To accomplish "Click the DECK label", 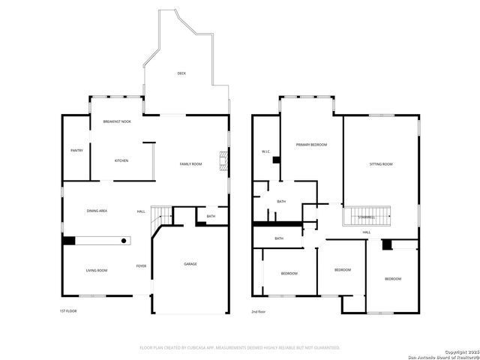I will click(181, 73).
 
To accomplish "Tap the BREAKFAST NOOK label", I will click(117, 121).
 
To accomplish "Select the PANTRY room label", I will click(76, 150).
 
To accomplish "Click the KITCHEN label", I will click(121, 160).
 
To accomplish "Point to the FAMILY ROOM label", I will click(190, 163).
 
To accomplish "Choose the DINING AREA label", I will click(97, 211).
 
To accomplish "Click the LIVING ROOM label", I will click(96, 270).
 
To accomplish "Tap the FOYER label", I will click(141, 266).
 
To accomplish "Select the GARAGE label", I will click(190, 264).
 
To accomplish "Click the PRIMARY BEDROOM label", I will click(311, 145).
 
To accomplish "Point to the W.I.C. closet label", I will click(265, 151).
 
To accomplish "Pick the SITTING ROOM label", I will click(381, 163).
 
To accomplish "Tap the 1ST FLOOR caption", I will click(68, 310).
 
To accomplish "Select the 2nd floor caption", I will click(259, 310).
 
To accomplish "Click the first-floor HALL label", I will click(141, 211).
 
